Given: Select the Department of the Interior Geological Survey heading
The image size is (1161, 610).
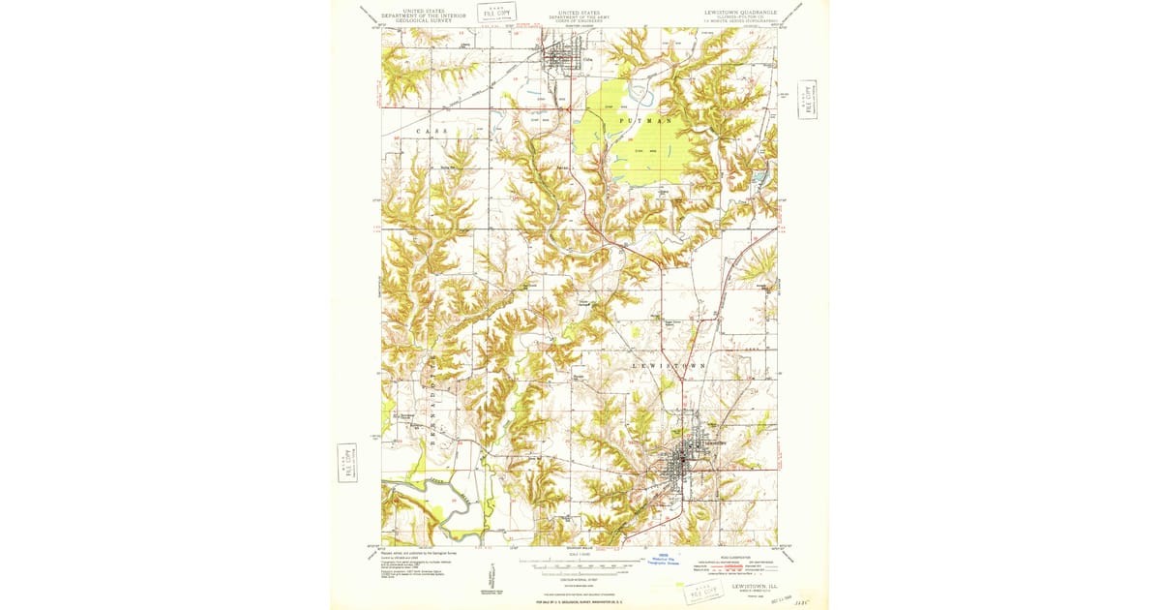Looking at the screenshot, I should coord(424,14).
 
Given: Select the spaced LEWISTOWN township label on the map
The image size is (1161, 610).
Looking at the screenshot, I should coord(669,365).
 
